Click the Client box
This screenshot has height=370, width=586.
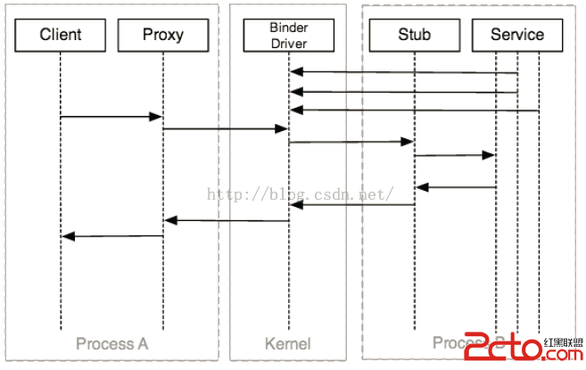61,35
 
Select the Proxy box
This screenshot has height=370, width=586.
163,35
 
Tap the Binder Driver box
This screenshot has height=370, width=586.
288,35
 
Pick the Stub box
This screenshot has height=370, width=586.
414,35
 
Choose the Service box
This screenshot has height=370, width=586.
517,35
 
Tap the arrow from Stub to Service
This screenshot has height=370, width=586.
454,155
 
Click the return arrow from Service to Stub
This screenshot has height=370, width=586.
456,187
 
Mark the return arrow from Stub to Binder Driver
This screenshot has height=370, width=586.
352,205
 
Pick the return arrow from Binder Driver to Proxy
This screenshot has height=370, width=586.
227,220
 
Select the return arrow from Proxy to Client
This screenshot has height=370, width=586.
112,236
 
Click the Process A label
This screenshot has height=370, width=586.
111,344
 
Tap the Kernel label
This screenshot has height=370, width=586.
288,344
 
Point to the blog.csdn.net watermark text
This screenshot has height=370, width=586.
300,193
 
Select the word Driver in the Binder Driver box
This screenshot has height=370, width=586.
288,43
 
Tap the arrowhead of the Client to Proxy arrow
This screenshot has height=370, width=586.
156,117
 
